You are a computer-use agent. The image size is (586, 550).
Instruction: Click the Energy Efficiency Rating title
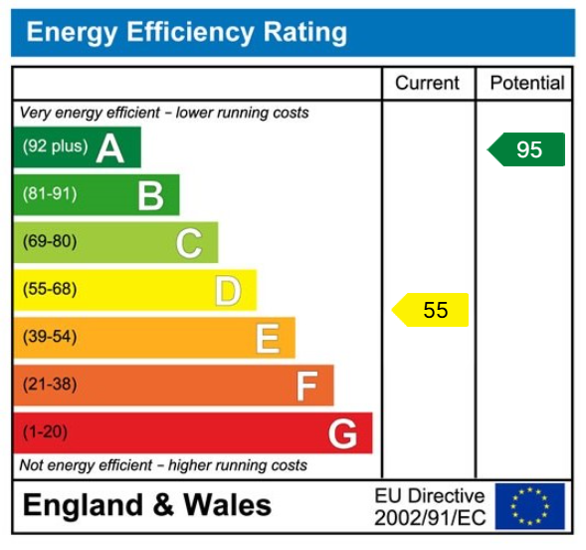186,33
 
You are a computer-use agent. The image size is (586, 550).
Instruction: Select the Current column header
428,84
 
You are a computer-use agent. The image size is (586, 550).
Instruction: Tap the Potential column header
526,84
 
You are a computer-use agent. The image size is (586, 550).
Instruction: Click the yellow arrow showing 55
431,310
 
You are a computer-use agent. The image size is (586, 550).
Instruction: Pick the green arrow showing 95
526,149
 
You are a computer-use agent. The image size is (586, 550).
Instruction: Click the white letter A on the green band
110,148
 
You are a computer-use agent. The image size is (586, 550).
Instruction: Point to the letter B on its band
150,195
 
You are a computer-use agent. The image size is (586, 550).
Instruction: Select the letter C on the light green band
189,242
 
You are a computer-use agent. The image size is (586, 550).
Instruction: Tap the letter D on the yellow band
228,291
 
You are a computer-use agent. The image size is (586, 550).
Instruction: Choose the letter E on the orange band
267,339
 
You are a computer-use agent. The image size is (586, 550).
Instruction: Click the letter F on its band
306,386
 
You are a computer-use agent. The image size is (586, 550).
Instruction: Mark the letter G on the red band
343,433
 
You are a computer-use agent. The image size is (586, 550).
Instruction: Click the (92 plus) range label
56,146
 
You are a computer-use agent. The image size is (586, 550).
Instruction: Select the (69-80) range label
50,242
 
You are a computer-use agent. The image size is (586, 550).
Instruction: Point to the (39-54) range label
50,338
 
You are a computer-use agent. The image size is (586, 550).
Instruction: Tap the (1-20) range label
46,433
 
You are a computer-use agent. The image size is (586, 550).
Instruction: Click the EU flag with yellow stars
529,506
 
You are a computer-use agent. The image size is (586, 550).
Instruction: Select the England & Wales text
146,505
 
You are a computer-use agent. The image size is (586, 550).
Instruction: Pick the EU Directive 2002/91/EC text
429,506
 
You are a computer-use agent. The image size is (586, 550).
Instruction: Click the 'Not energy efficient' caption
163,465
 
